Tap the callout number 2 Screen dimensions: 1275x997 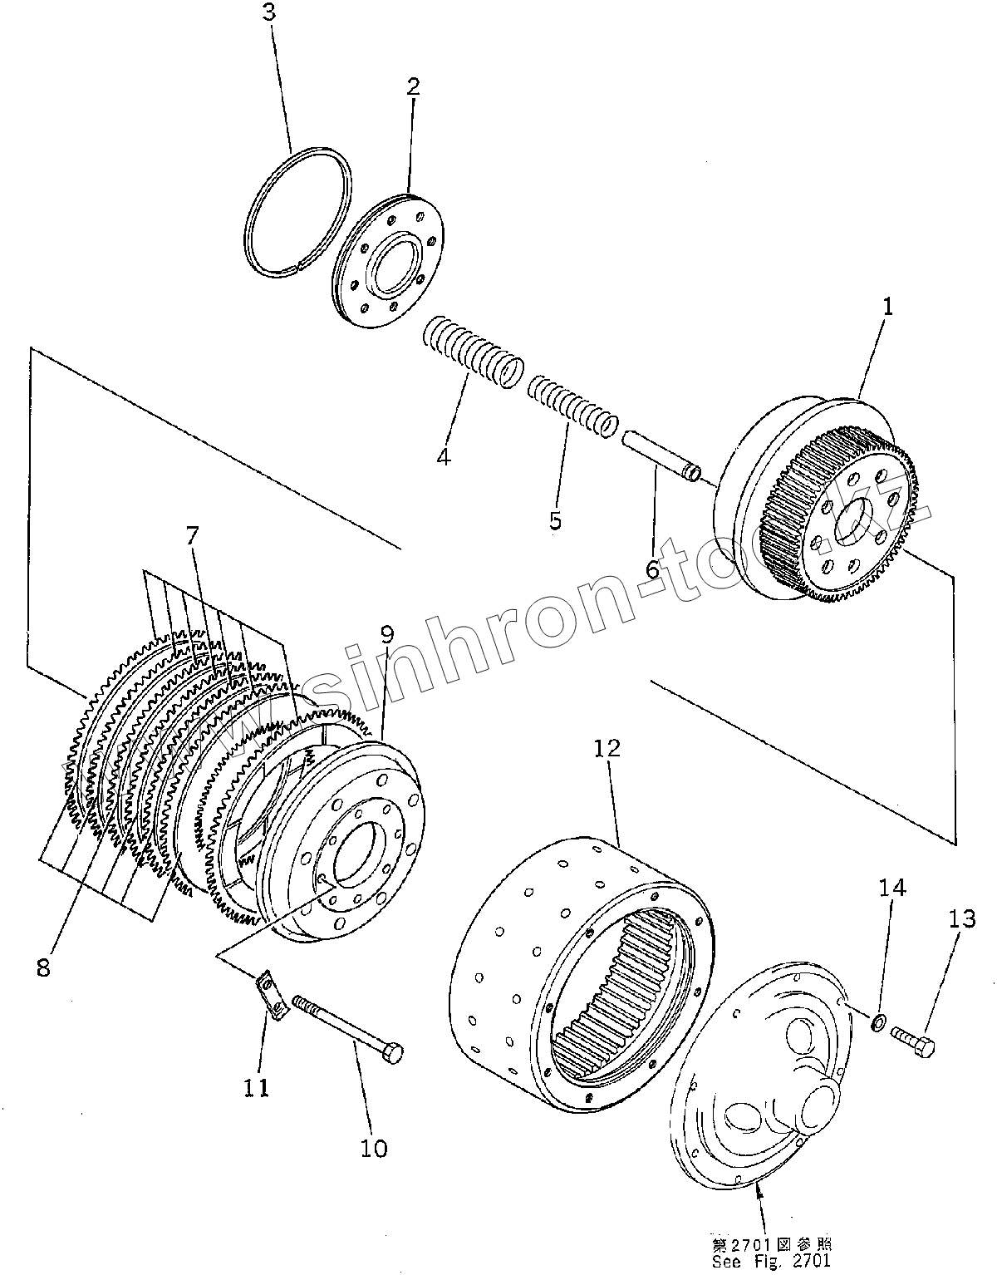coord(412,86)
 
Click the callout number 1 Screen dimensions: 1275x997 coord(886,307)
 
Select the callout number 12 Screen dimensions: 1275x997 coord(607,748)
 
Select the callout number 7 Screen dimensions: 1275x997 coord(192,536)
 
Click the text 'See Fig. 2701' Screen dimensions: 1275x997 coord(770,1260)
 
